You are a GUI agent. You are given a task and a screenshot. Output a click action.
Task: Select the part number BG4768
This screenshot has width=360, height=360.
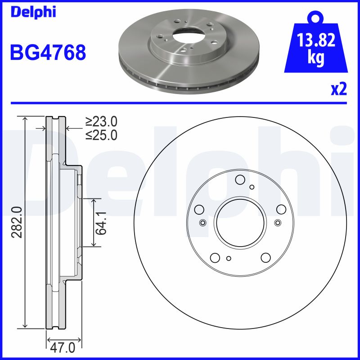(48, 53)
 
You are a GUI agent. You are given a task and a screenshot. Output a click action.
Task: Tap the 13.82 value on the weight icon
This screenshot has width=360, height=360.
(316, 41)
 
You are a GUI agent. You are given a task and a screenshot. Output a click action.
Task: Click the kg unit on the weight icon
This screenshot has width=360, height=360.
(316, 58)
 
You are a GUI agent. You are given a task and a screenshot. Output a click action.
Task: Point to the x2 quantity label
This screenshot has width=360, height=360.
(339, 89)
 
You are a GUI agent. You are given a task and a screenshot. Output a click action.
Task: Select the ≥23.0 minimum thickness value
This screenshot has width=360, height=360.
(102, 121)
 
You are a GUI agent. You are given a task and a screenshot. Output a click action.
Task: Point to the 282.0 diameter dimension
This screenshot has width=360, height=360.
(17, 222)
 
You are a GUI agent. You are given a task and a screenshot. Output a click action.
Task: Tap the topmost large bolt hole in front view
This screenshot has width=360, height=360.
(240, 180)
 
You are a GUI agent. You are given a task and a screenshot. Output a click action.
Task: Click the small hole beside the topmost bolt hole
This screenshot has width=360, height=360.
(252, 187)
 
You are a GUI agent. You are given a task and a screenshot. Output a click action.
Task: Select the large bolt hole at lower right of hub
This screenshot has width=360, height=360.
(266, 257)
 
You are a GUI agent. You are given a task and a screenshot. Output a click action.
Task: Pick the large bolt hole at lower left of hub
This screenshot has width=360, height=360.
(215, 257)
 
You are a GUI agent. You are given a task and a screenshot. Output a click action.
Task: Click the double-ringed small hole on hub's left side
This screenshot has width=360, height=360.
(202, 222)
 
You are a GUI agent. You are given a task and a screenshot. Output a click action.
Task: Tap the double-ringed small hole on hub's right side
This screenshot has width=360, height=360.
(278, 222)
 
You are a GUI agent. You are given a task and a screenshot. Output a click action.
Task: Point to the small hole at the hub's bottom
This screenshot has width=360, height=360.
(229, 258)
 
